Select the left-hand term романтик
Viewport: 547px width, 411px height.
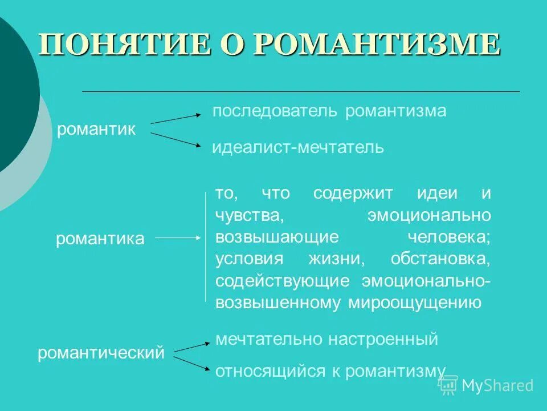(97, 130)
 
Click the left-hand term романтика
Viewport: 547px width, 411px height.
(100, 239)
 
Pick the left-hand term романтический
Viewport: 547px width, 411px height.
(101, 353)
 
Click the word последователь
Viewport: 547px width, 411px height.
(276, 111)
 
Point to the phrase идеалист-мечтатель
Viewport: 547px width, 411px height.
(298, 148)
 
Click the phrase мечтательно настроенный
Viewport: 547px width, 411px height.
(326, 340)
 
